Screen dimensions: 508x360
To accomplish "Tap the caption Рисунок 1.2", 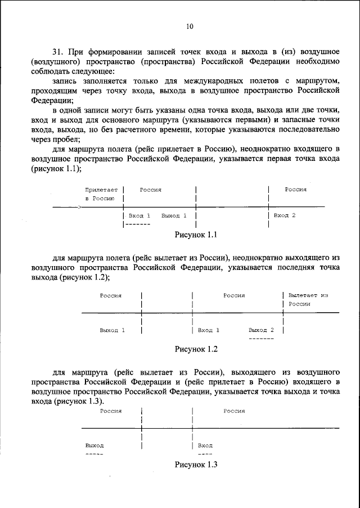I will coord(196,349).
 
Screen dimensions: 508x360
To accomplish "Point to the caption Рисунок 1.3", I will coord(196,465).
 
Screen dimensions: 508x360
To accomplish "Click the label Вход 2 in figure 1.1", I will coord(285,215).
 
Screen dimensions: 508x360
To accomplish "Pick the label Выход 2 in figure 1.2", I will coord(261,330).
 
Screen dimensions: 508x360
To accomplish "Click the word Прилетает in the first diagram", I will coord(101,190).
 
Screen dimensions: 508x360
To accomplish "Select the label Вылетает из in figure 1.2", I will coord(308,295).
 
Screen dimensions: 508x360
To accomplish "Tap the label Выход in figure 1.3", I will coord(94,445).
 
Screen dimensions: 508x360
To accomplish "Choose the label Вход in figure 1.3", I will coord(205,445).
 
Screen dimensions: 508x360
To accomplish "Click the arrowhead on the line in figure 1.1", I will coord(79,208).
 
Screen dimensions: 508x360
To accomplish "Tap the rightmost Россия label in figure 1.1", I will coord(295,190).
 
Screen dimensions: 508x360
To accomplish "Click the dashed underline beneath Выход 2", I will coord(261,338).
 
